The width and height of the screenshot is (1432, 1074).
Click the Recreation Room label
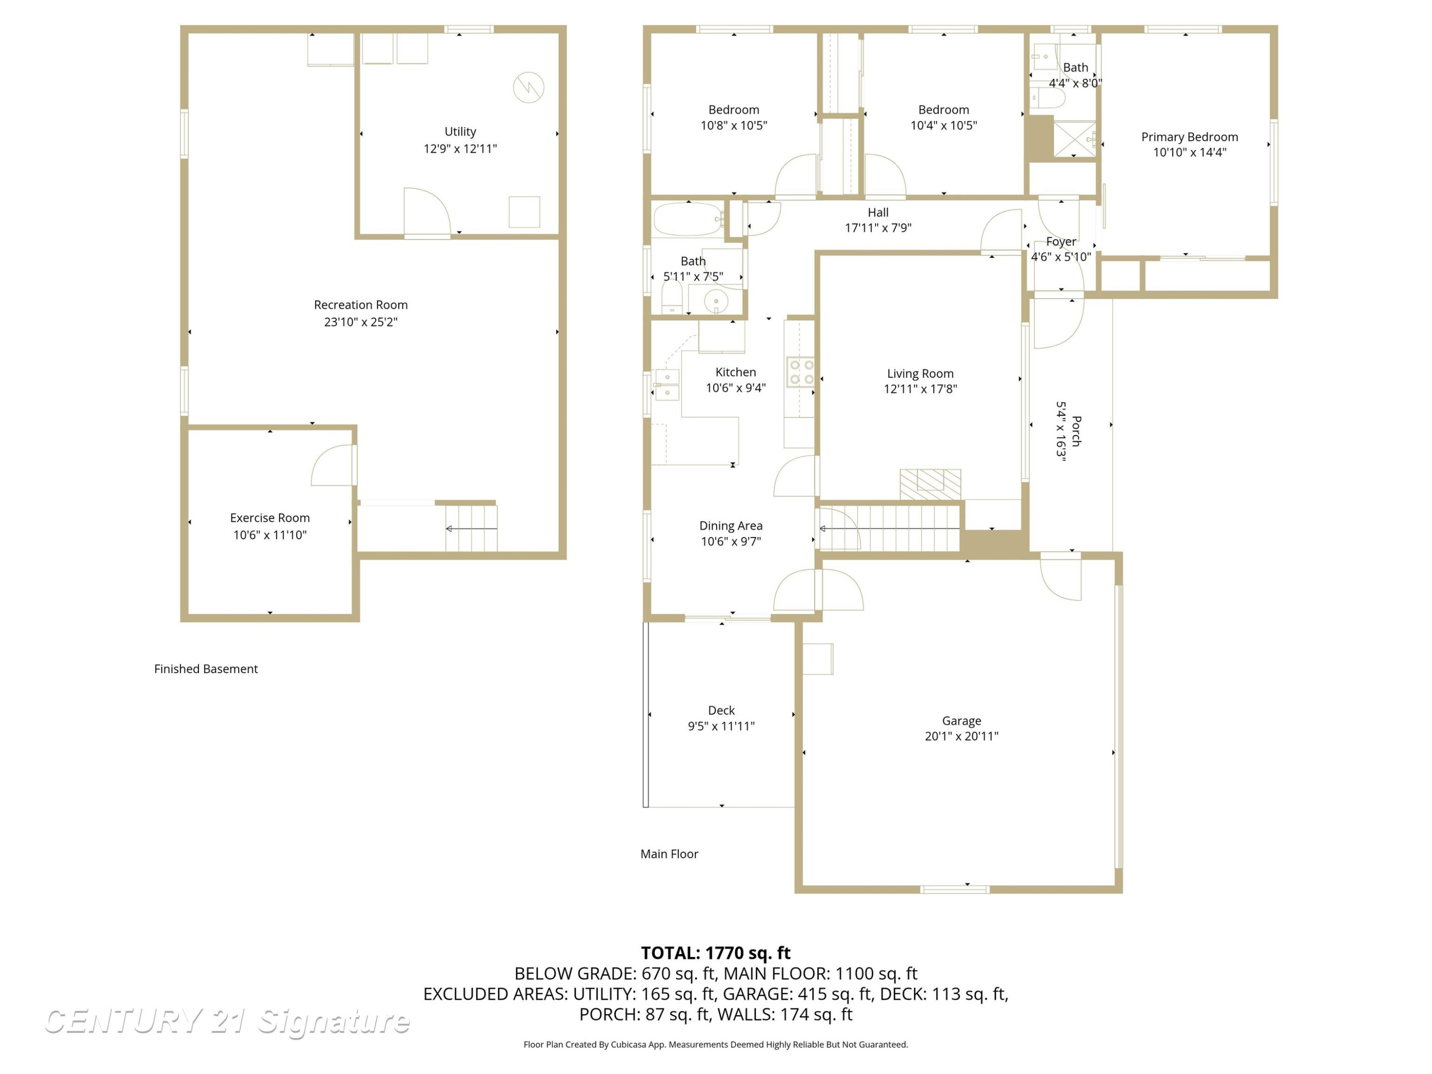click(x=360, y=305)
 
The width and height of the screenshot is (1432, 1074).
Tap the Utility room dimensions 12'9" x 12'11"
click(x=460, y=149)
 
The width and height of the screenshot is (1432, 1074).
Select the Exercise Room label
click(x=270, y=518)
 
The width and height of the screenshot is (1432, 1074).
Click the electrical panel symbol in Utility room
click(x=528, y=87)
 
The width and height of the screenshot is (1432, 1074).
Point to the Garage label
click(x=961, y=720)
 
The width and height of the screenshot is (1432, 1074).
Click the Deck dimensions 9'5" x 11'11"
click(x=721, y=727)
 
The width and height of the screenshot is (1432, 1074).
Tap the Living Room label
click(x=920, y=374)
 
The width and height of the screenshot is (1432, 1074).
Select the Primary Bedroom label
click(x=1189, y=137)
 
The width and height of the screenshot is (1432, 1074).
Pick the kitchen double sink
click(x=667, y=385)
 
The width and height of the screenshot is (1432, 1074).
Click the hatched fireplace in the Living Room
click(x=930, y=484)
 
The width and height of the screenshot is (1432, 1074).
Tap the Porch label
click(x=1076, y=431)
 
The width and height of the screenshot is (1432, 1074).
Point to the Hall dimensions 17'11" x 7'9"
click(x=878, y=228)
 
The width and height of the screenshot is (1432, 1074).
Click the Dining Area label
click(x=731, y=526)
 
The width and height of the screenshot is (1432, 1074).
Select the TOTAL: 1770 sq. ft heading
click(x=716, y=953)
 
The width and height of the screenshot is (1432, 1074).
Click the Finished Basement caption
click(x=206, y=669)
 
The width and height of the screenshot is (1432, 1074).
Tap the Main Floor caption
click(x=669, y=854)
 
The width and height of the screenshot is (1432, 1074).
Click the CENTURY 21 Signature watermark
click(x=227, y=1021)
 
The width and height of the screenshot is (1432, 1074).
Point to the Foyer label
click(x=1061, y=242)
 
